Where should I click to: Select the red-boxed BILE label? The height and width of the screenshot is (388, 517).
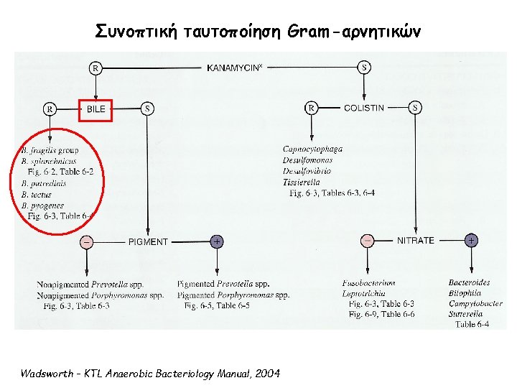(96, 109)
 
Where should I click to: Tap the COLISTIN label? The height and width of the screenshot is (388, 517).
(364, 108)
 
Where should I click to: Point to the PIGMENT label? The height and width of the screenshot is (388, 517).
(148, 242)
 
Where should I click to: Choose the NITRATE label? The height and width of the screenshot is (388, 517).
(416, 240)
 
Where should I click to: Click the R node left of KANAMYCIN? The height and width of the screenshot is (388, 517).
(95, 68)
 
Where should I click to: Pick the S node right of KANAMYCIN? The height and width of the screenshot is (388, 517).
(364, 68)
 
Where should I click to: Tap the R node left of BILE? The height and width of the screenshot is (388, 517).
(50, 109)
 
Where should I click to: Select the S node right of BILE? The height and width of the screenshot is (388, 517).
(148, 109)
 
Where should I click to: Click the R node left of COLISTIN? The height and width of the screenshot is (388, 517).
(312, 108)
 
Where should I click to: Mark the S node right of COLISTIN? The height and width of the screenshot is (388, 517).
(416, 108)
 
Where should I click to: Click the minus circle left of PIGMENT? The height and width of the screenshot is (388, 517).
(86, 242)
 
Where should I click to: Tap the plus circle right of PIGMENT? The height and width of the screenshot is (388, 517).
(216, 242)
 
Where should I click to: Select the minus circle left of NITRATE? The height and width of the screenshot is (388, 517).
(367, 240)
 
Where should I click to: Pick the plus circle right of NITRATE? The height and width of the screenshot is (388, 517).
(472, 240)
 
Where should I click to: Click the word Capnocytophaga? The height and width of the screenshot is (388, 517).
(312, 149)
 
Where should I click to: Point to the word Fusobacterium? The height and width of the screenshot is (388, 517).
(369, 282)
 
